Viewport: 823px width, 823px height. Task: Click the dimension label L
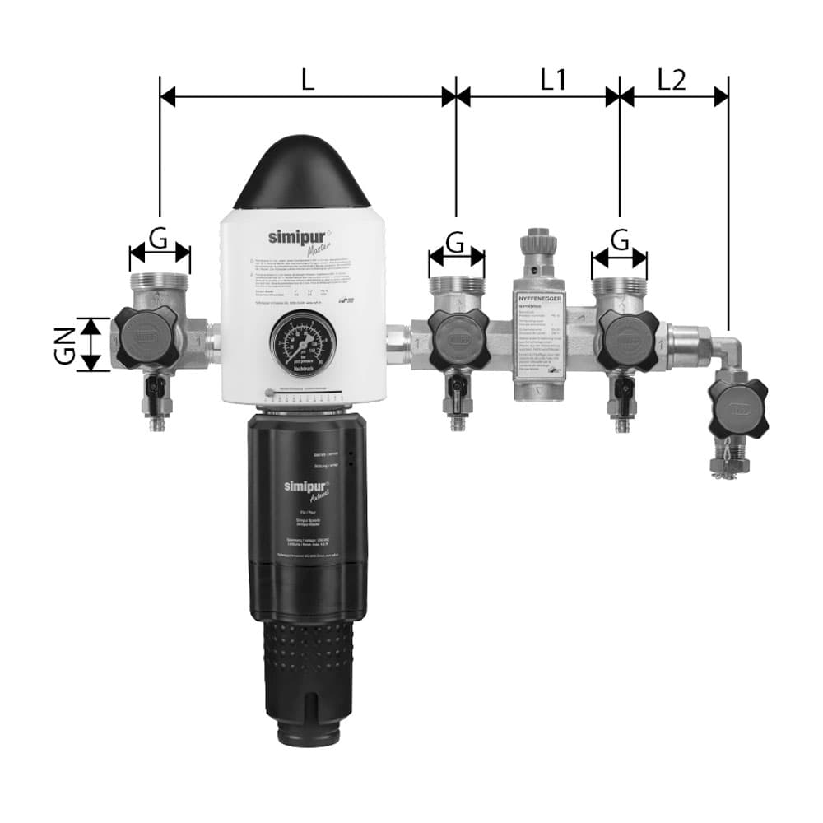point(307,79)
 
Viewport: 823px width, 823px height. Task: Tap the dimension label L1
point(553,79)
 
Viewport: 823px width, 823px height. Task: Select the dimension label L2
point(672,79)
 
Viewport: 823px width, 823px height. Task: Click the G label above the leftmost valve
point(159,239)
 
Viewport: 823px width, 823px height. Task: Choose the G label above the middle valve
point(455,242)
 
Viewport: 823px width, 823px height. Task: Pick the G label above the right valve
point(620,239)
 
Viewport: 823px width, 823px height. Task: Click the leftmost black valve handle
point(146,337)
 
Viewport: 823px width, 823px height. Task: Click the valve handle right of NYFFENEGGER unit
point(627,340)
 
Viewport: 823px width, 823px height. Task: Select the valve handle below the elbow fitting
point(737,407)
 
